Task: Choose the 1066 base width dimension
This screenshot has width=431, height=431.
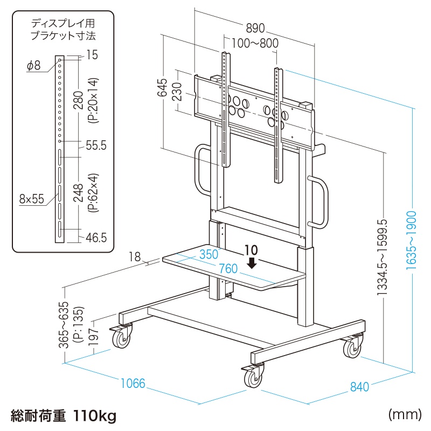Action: [133, 384]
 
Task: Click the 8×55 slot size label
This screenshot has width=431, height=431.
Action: [31, 199]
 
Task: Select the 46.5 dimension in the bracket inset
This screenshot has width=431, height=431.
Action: [95, 237]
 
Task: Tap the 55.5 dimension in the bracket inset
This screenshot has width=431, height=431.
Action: [95, 145]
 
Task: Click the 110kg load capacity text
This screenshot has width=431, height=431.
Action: [95, 415]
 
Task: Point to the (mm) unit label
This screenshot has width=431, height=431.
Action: [404, 414]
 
